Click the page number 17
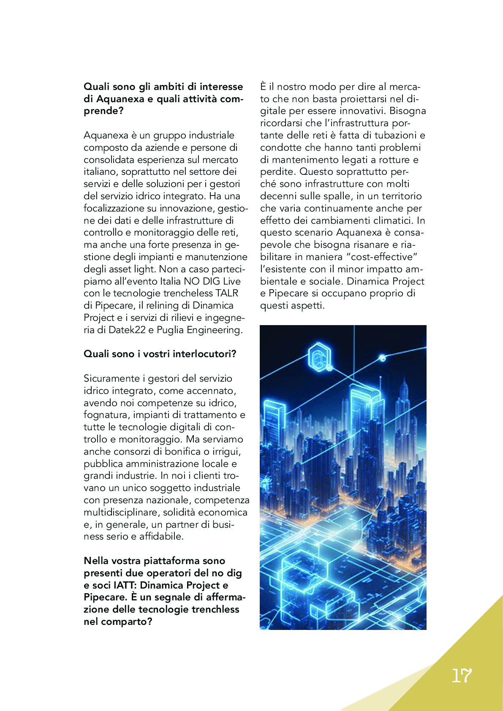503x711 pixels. tap(461, 676)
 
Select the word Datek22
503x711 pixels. tap(127, 330)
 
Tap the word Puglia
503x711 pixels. tap(170, 330)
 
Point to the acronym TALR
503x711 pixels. tap(227, 293)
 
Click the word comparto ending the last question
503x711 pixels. tap(125, 621)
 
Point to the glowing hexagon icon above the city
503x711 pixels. tap(320, 357)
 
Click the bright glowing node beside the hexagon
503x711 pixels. tap(382, 358)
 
